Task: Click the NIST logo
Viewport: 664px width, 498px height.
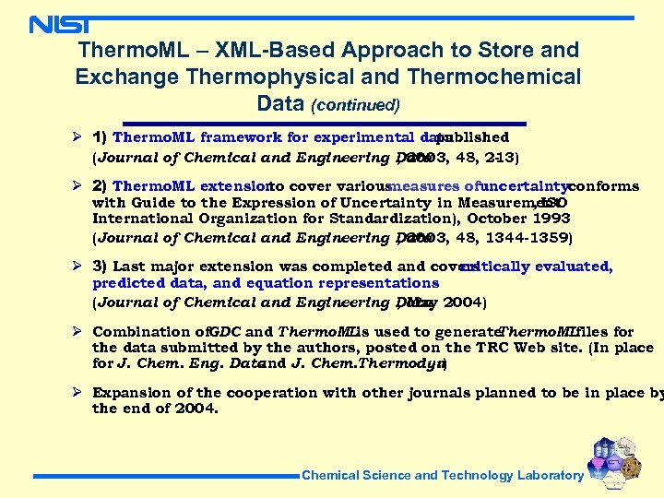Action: (60, 24)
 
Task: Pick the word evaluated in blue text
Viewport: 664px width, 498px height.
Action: (576, 267)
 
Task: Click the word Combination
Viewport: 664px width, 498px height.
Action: (148, 332)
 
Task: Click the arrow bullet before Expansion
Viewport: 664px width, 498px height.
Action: (79, 393)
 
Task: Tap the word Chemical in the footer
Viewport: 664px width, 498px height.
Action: (332, 476)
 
